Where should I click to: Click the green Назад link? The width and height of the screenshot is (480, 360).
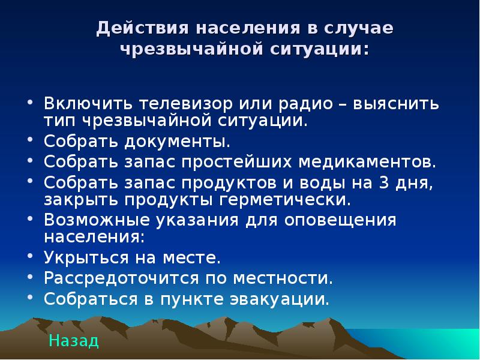point(74,340)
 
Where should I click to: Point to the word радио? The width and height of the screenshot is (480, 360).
point(306,104)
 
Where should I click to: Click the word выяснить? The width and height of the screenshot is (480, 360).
point(396,104)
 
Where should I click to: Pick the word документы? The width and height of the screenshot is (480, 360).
point(177,142)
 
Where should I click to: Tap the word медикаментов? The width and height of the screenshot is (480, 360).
point(367,161)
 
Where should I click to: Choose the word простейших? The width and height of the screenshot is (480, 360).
point(236,162)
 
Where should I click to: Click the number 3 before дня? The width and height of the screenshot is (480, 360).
point(384,183)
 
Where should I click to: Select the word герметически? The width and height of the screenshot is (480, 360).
point(285,200)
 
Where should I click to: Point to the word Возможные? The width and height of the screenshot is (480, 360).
point(97,220)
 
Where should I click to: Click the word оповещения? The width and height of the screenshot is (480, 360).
point(340,221)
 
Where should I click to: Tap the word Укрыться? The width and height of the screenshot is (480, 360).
point(86,257)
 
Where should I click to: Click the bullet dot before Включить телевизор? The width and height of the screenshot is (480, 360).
point(29,102)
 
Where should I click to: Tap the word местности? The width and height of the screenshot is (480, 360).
point(283,278)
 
